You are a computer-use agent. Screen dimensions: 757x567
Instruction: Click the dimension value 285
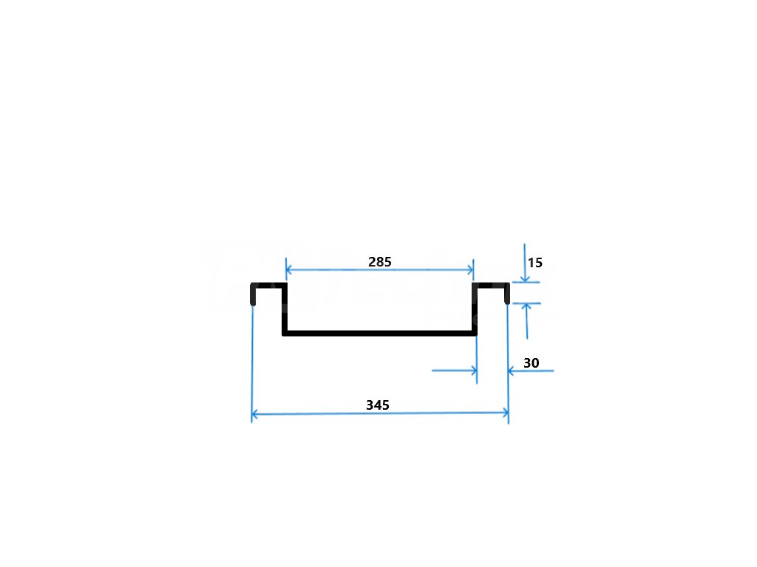(x=379, y=261)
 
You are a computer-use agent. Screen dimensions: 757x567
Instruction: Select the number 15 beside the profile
(x=535, y=262)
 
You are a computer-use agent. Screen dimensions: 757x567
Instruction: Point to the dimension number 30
(x=531, y=362)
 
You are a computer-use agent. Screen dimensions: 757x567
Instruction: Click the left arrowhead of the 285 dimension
(x=288, y=269)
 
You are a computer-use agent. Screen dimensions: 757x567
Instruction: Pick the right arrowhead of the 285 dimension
(x=469, y=269)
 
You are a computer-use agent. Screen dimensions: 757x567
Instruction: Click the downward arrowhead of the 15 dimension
(x=524, y=278)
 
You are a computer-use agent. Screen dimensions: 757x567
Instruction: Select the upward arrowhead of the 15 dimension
(x=526, y=307)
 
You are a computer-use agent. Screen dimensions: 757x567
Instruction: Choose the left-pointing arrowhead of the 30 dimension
(x=512, y=371)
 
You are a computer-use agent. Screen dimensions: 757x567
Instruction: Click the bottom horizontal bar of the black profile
(x=379, y=334)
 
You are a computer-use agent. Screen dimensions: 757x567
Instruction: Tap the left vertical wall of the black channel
(x=285, y=310)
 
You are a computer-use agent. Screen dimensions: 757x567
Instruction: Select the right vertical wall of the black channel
(x=475, y=310)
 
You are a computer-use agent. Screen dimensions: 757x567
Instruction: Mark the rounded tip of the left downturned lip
(x=254, y=302)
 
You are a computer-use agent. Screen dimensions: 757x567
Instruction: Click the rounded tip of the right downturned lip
(x=506, y=300)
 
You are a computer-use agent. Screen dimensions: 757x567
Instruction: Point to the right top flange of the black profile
(x=491, y=285)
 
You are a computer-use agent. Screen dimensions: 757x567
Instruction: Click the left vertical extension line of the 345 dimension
(x=252, y=362)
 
